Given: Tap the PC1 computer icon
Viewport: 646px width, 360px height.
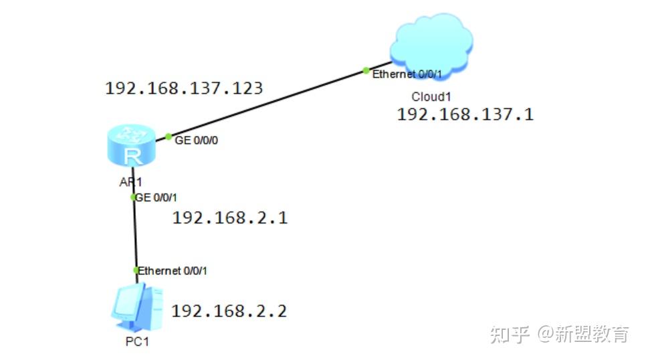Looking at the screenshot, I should click(x=136, y=308).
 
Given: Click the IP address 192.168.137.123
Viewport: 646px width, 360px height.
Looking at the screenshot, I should click(x=184, y=88).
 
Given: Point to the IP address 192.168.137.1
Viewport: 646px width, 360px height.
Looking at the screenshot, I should click(x=465, y=114).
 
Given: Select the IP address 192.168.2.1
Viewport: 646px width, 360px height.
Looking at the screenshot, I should click(x=230, y=218).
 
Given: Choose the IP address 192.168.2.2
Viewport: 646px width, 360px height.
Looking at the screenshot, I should click(x=229, y=311).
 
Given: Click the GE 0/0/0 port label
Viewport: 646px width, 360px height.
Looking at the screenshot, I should click(x=195, y=142).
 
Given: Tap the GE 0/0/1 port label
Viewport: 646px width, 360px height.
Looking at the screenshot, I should click(x=157, y=197).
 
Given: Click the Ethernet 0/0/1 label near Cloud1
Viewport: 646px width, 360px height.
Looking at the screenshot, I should click(x=407, y=74).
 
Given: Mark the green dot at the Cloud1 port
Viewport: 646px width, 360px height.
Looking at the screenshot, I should click(x=366, y=70).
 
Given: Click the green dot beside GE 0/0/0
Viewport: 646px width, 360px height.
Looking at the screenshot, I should click(x=169, y=137).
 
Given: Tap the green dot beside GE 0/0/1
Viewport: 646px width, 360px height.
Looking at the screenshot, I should click(x=133, y=197).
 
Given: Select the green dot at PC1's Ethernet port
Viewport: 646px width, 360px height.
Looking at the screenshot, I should click(x=136, y=270).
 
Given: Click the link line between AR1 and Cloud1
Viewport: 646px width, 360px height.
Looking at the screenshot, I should click(x=267, y=103).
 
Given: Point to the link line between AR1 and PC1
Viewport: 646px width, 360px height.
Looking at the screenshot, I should click(x=134, y=234).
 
